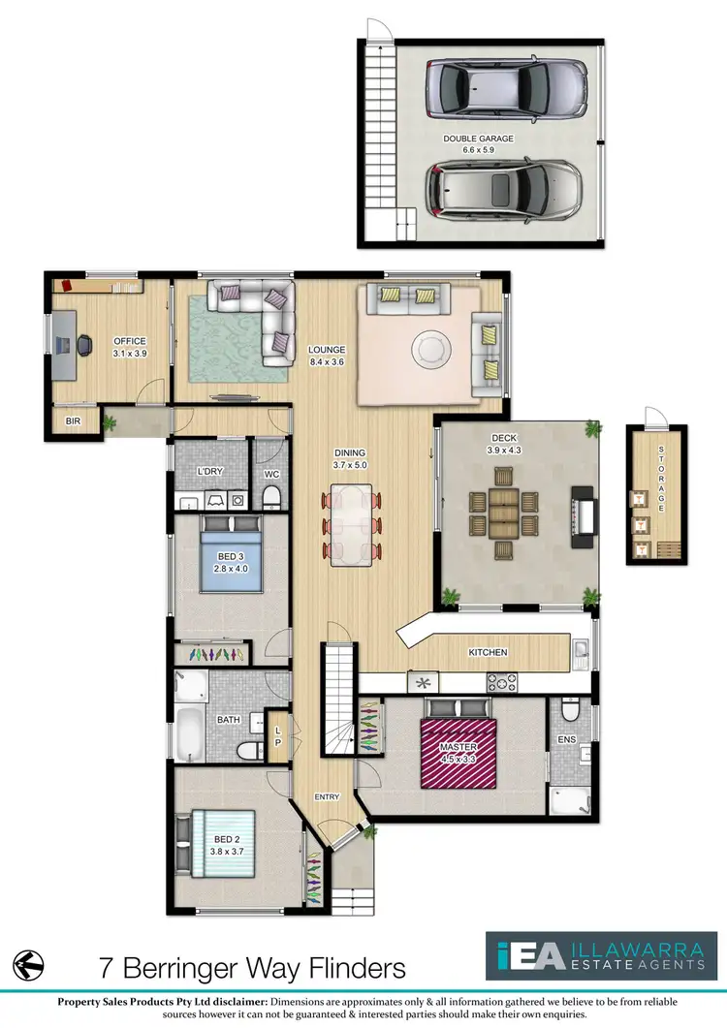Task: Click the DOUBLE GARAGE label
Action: pyautogui.click(x=479, y=139)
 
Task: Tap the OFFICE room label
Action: pyautogui.click(x=129, y=341)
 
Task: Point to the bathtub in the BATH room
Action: pyautogui.click(x=190, y=734)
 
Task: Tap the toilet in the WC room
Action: pyautogui.click(x=272, y=497)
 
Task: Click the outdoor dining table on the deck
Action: pyautogui.click(x=502, y=512)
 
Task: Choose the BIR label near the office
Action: pyautogui.click(x=74, y=421)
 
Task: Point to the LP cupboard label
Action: pyautogui.click(x=279, y=736)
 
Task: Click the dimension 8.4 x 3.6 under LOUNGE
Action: pyautogui.click(x=327, y=361)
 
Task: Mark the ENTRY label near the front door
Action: pyautogui.click(x=327, y=796)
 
